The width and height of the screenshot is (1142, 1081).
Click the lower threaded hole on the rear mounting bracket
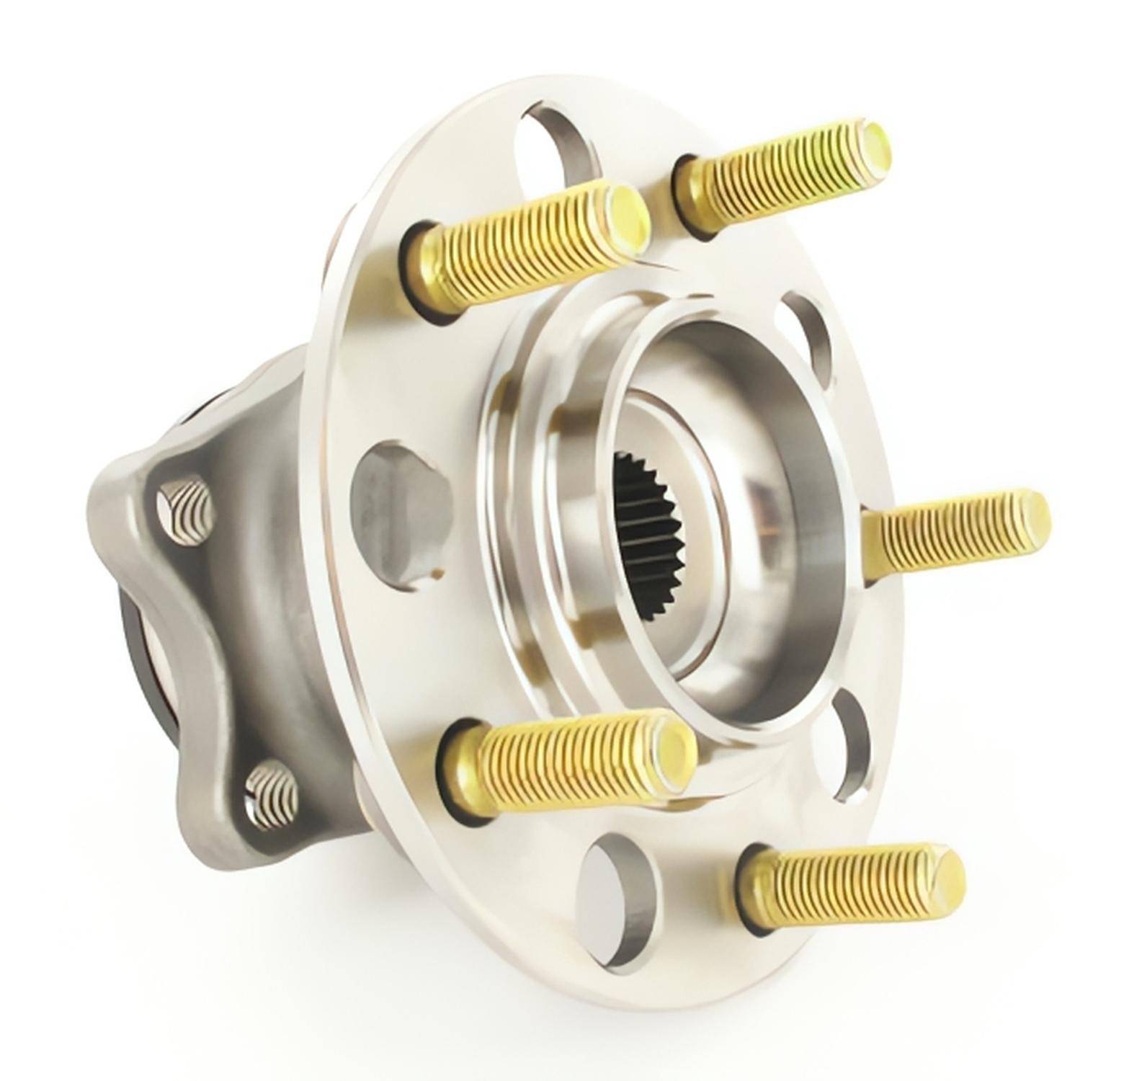click(272, 796)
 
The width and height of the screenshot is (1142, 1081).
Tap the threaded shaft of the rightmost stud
click(951, 530)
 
